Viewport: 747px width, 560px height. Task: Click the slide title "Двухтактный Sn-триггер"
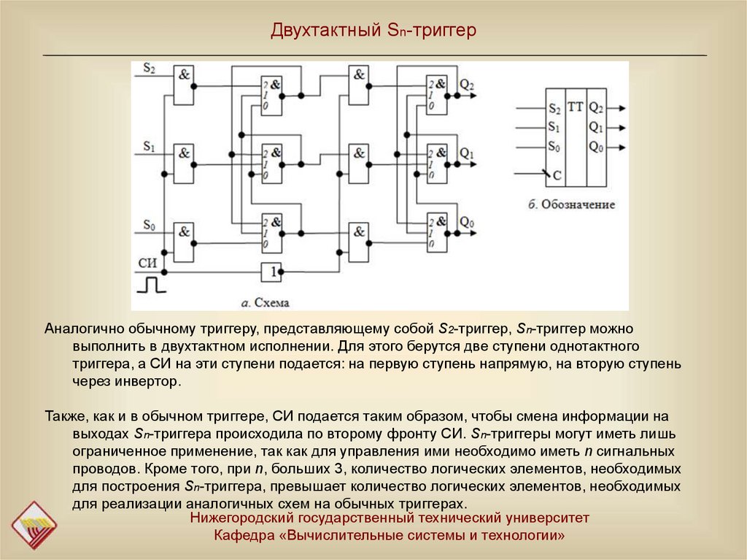point(373,31)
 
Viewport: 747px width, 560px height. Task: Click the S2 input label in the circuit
point(149,69)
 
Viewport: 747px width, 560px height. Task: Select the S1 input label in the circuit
point(149,147)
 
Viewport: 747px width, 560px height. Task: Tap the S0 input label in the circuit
point(149,225)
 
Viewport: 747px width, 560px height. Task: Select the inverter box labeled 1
point(271,272)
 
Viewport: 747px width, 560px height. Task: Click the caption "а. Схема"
point(265,302)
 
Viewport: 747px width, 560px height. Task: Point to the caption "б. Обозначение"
point(572,204)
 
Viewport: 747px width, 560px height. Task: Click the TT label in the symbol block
point(576,107)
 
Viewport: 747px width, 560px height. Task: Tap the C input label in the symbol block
point(557,176)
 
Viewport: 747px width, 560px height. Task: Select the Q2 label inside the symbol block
point(596,108)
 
